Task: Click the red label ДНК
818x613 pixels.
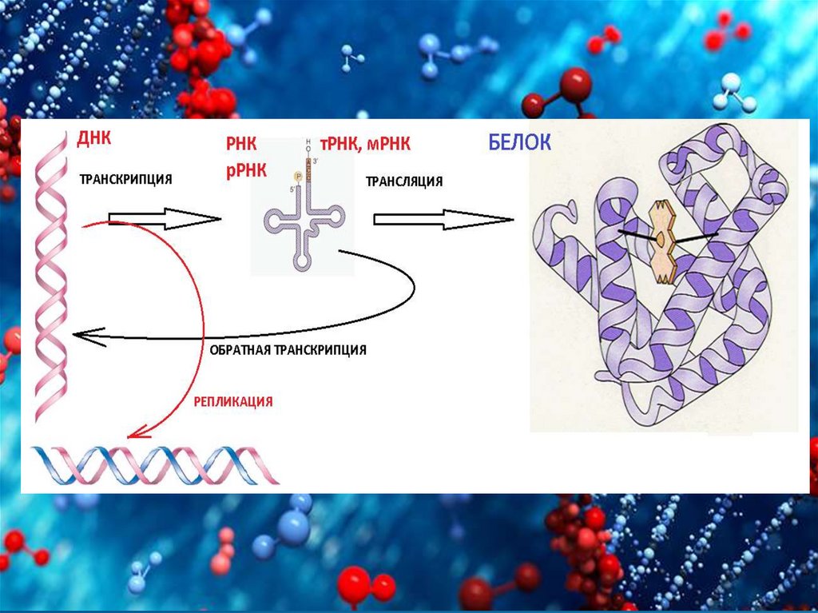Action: click(x=94, y=139)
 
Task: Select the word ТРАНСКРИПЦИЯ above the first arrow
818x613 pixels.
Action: click(x=125, y=180)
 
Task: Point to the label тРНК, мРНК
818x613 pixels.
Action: click(x=365, y=144)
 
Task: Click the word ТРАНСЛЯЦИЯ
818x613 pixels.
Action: click(x=404, y=181)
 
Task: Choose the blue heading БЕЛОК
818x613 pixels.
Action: click(x=519, y=143)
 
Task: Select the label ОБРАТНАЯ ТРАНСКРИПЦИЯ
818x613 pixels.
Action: click(x=288, y=350)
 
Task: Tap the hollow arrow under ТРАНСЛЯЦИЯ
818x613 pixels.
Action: click(x=443, y=218)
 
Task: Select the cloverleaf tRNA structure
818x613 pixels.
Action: click(x=304, y=221)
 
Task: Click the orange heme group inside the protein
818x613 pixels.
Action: click(x=661, y=241)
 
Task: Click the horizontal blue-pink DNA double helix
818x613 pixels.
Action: click(x=156, y=465)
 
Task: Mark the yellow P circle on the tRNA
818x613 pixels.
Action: click(x=299, y=175)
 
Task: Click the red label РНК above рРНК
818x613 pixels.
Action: click(x=240, y=145)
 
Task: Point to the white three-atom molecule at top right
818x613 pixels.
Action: click(x=736, y=92)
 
